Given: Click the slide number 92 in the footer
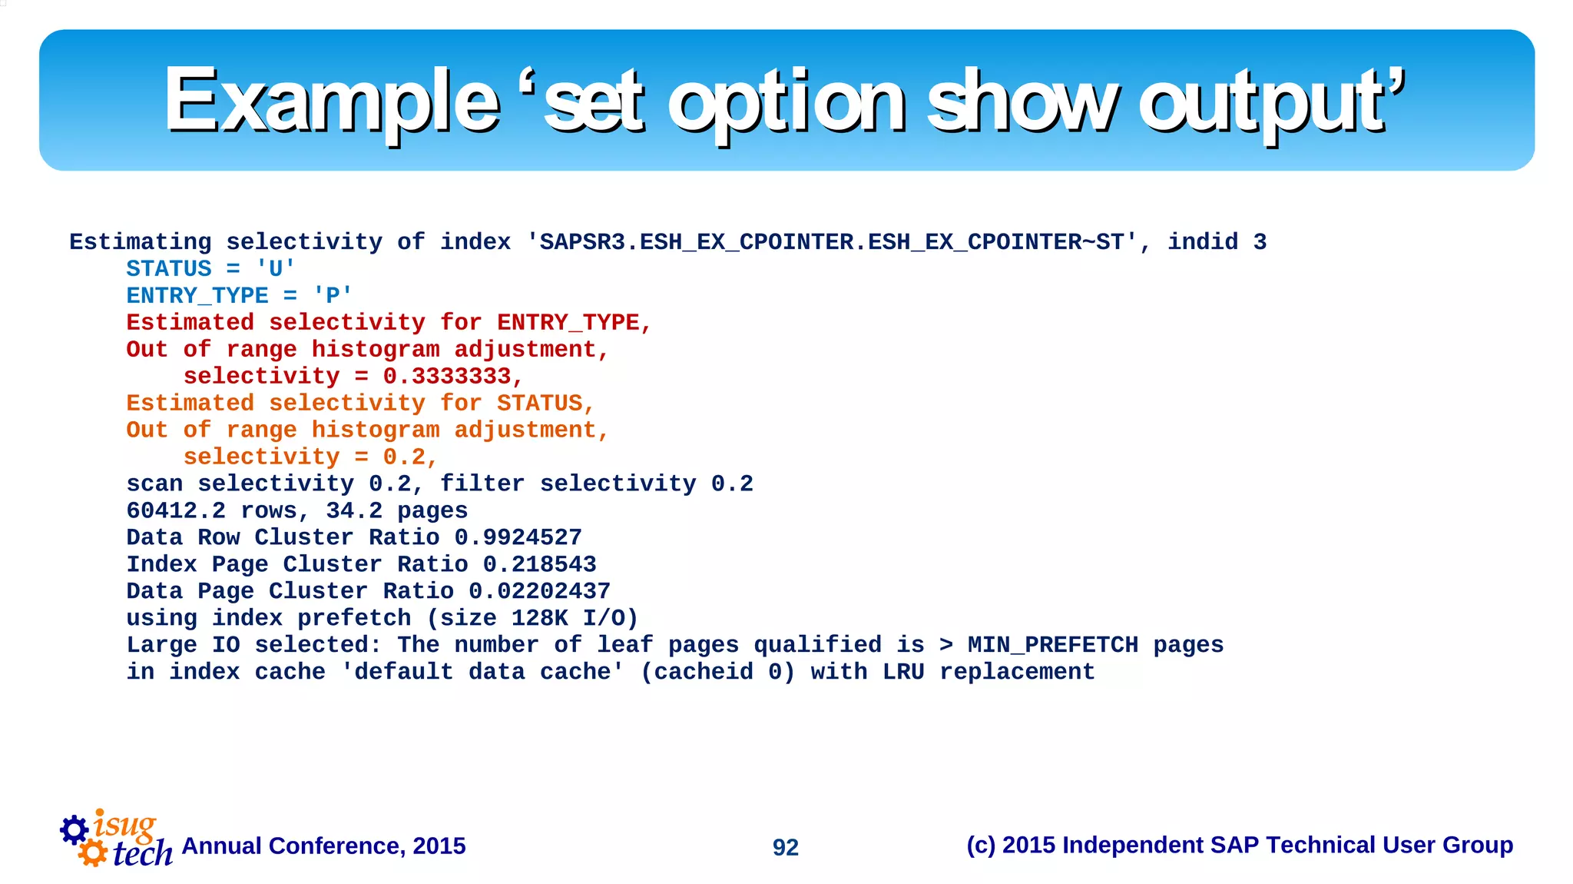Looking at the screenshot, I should tap(785, 847).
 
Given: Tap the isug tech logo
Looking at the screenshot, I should tap(115, 839).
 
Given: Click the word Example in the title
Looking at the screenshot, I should tap(332, 101).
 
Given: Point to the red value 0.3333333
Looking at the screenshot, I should tap(447, 377).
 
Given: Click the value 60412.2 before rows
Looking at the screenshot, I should tap(176, 511).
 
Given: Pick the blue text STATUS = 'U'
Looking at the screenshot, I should tap(210, 269).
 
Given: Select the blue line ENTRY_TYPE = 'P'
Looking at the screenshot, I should tap(239, 296).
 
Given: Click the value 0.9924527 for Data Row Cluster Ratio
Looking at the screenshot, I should tap(518, 538).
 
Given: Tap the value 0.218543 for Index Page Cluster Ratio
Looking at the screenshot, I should tap(539, 565).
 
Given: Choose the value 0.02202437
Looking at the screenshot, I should tap(539, 592).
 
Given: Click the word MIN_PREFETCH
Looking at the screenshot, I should tap(1052, 646).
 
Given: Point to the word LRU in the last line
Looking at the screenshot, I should tap(903, 673).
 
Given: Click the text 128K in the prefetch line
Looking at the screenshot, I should tap(539, 619).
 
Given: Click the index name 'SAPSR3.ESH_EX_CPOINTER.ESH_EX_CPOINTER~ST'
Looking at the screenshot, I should tap(831, 243).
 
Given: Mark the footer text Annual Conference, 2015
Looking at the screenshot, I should tap(323, 846).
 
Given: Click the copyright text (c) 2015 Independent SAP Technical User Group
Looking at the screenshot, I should tap(1239, 846).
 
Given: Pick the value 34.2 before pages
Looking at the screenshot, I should tap(354, 511).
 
